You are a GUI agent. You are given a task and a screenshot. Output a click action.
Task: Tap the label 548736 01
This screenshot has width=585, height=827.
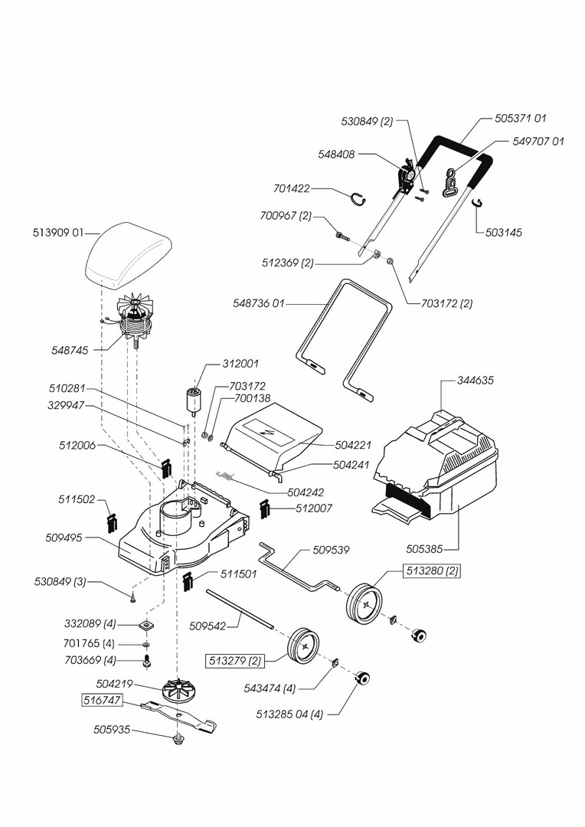pos(260,304)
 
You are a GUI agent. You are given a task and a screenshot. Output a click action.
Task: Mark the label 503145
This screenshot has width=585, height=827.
pos(503,232)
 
